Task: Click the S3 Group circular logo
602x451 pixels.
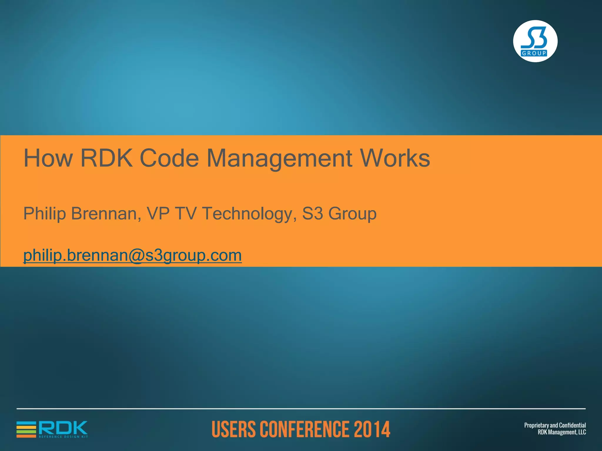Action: [x=535, y=41]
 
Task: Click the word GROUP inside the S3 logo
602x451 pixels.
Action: [x=534, y=53]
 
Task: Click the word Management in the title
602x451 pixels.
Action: [x=279, y=159]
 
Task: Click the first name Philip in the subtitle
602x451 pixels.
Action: [x=45, y=213]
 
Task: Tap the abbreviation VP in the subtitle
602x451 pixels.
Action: [x=158, y=213]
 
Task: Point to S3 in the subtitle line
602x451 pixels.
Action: [x=312, y=213]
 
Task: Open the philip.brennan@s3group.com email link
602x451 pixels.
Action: [x=133, y=255]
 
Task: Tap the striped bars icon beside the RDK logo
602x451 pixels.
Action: [x=26, y=429]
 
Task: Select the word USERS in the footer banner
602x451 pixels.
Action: [x=234, y=429]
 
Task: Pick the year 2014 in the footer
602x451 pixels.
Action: [x=372, y=429]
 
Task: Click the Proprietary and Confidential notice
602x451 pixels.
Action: [x=555, y=425]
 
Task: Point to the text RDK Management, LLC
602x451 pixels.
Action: [x=562, y=432]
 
